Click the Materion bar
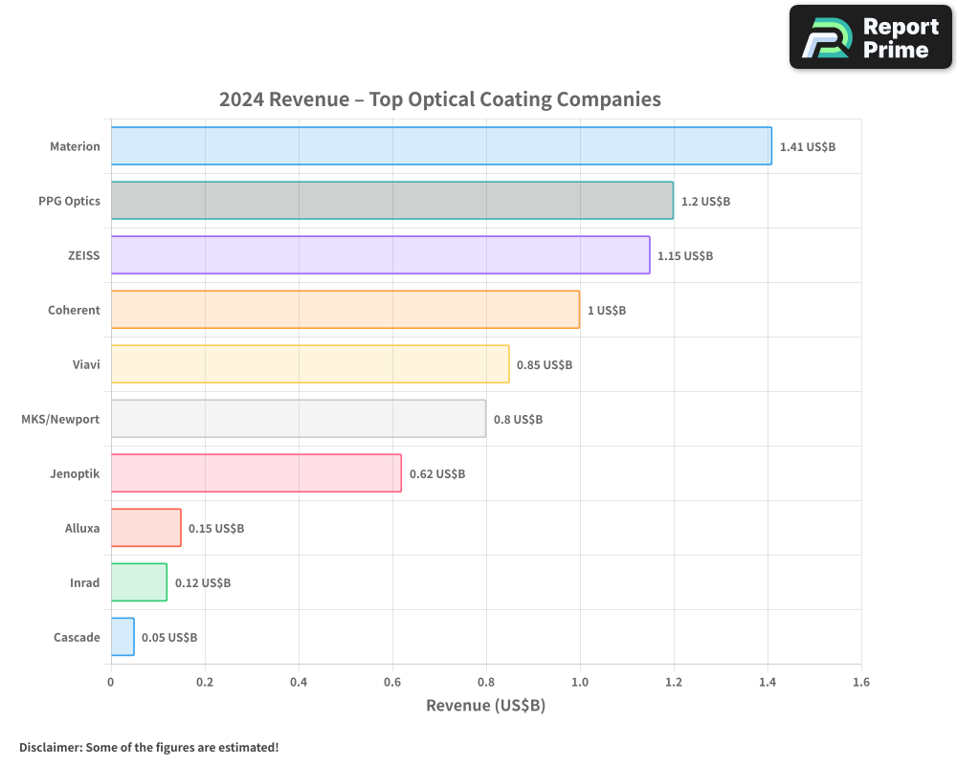coord(441,146)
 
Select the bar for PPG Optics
coord(391,201)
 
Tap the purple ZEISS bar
coord(380,255)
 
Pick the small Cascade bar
coord(122,637)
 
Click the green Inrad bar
coord(139,582)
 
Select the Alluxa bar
coord(145,528)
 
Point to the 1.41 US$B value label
coord(808,147)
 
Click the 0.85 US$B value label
coord(545,365)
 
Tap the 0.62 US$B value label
coord(437,474)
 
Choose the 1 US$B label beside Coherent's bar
coord(607,311)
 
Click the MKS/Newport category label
coord(60,419)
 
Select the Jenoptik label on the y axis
coord(75,473)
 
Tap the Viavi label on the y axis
coord(85,364)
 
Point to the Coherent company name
coord(74,310)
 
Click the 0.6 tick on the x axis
coord(392,683)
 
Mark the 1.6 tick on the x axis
coord(860,683)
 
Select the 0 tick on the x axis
coord(111,683)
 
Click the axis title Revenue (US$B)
coord(485,706)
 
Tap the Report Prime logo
coord(871,37)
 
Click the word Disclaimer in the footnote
coord(50,747)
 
